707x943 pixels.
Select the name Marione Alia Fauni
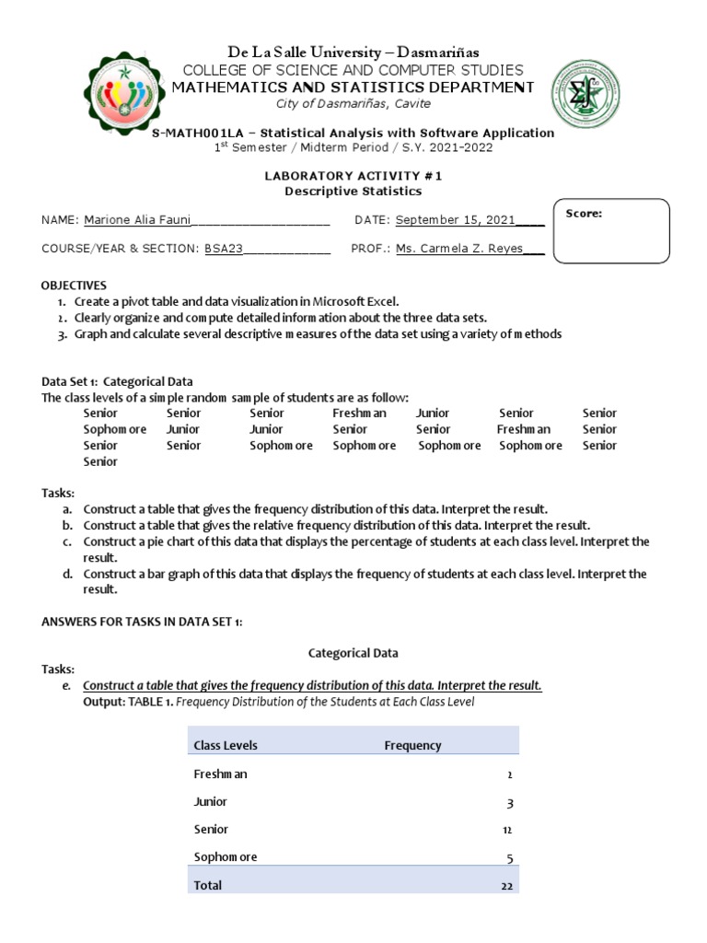[x=137, y=219]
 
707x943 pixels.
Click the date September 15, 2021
[x=456, y=219]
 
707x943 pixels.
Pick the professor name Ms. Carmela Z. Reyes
[x=459, y=248]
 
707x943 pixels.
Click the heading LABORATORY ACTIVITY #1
[x=353, y=175]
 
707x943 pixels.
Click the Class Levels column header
[x=226, y=745]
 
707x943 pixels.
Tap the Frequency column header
[x=412, y=745]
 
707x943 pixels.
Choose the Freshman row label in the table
[x=220, y=774]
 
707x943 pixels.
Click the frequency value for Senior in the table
[x=506, y=830]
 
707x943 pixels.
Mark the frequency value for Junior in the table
[x=509, y=802]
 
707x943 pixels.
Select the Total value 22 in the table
[x=506, y=885]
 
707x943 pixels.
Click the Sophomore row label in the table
[x=226, y=857]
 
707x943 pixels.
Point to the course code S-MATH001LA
[x=195, y=133]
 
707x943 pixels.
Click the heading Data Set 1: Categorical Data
[x=117, y=381]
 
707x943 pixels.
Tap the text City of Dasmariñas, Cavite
[x=353, y=104]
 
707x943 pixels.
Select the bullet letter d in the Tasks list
[x=67, y=574]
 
